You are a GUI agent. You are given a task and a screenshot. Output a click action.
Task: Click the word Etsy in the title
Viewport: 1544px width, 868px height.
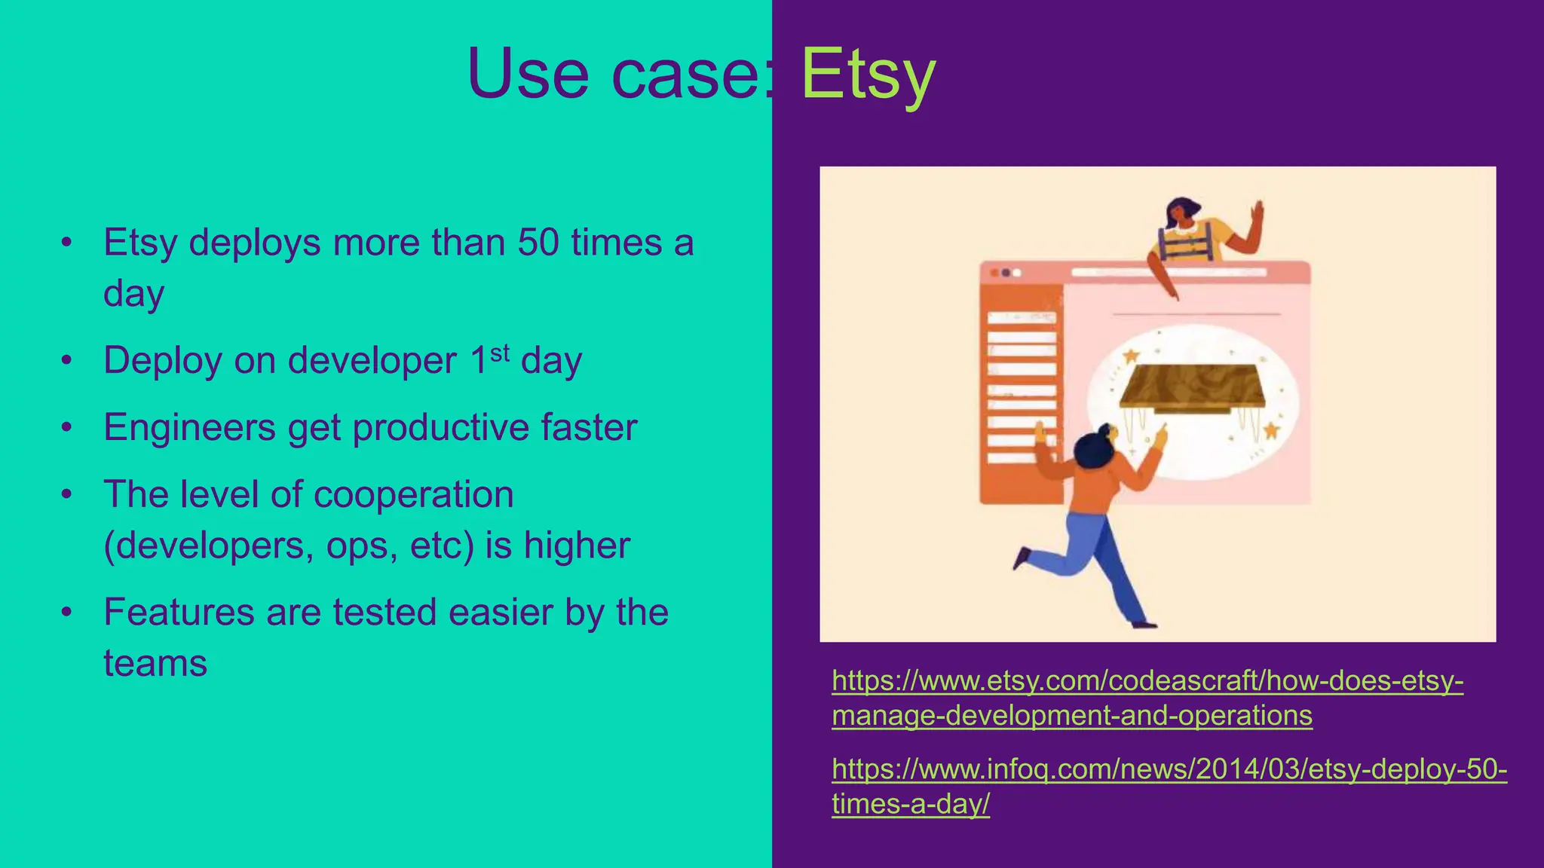(867, 74)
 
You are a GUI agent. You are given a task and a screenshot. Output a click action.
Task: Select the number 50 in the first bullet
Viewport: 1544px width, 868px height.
(538, 243)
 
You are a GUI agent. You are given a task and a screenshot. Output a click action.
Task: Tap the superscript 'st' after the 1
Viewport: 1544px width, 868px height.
(500, 353)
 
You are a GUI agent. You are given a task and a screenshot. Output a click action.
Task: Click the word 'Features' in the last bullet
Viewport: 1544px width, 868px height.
(179, 612)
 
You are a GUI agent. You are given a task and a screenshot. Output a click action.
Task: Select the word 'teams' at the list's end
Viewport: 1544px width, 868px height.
(155, 664)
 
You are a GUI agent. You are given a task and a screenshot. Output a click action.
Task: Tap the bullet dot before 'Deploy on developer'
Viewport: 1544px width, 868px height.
(67, 360)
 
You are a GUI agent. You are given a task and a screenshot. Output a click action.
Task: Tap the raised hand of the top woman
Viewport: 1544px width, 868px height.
(1257, 214)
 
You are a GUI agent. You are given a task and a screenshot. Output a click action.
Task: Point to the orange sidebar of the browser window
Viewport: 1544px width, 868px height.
(1020, 392)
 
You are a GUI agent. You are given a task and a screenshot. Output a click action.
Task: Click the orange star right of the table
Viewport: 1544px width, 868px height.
(1271, 430)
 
